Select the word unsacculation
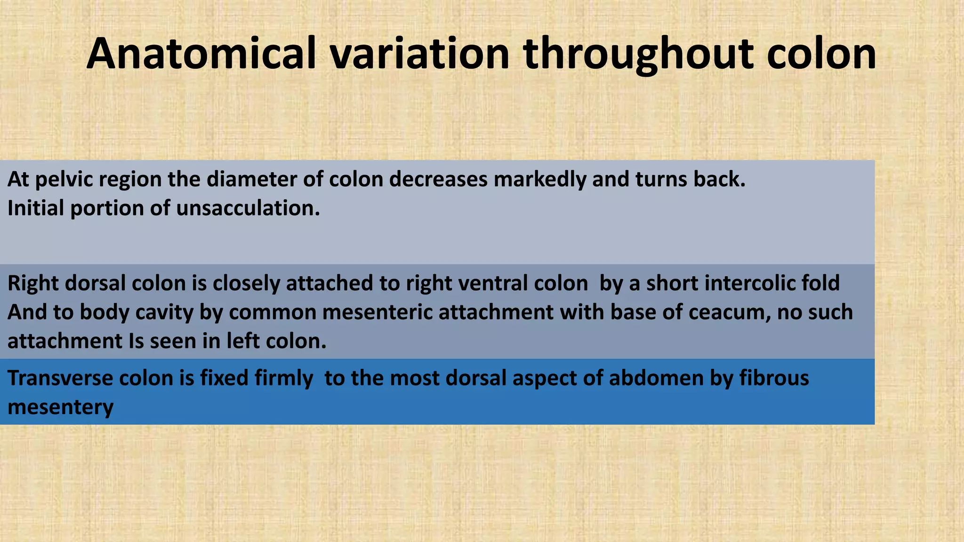pyautogui.click(x=248, y=208)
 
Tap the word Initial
pyautogui.click(x=36, y=208)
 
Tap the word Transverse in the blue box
pyautogui.click(x=60, y=378)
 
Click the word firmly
pyautogui.click(x=284, y=378)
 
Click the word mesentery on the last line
pyautogui.click(x=60, y=407)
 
